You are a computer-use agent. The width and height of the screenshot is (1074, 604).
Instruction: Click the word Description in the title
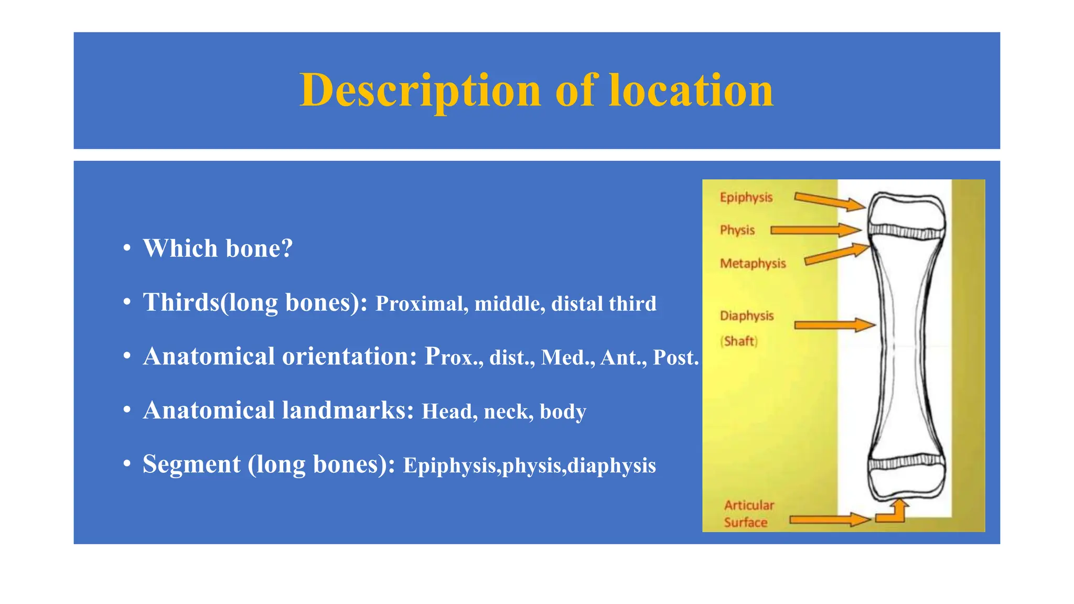click(x=420, y=91)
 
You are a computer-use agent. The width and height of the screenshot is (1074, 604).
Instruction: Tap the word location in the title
click(x=691, y=91)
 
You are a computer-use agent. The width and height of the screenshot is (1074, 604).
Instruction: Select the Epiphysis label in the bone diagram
click(x=746, y=198)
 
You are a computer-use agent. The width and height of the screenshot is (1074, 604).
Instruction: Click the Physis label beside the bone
click(x=737, y=230)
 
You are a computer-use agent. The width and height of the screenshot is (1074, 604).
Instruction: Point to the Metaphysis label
click(x=753, y=263)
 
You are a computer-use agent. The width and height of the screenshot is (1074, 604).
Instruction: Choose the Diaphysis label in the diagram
click(x=746, y=316)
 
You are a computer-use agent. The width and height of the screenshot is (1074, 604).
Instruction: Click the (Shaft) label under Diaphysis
click(x=739, y=341)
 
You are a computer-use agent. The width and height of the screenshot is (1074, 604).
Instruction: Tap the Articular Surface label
click(x=748, y=514)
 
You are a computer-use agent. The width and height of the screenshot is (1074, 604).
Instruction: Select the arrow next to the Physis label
click(x=815, y=230)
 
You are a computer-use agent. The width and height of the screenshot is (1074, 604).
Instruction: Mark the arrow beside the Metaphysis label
click(x=836, y=254)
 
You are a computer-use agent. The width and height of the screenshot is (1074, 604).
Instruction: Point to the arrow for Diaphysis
click(x=834, y=326)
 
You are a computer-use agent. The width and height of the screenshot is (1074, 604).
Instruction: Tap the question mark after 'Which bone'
click(x=287, y=249)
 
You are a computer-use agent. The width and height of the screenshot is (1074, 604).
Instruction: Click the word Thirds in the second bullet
click(x=181, y=303)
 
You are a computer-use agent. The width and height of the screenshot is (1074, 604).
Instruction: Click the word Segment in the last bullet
click(x=191, y=465)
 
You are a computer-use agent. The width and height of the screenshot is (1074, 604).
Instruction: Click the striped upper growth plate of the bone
click(x=906, y=231)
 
